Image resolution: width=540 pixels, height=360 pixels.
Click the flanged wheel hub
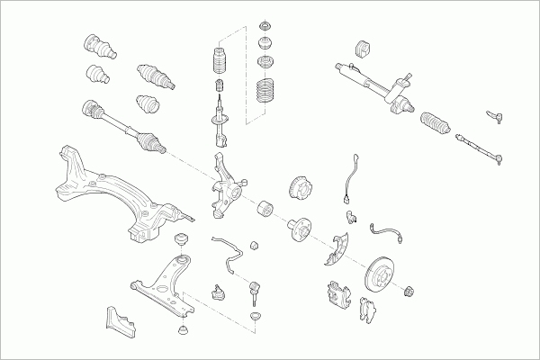(x=296, y=230)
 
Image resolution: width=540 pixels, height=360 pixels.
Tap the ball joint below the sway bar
(x=217, y=291)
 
